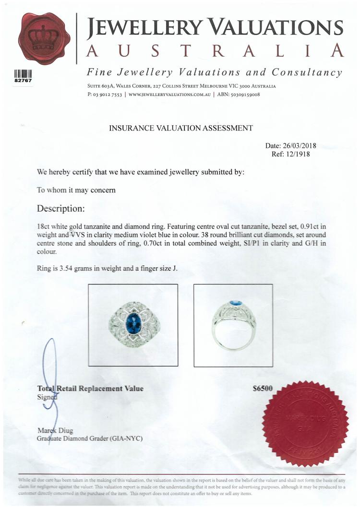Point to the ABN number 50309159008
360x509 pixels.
pos(244,95)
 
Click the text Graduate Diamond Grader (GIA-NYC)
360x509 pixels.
pos(90,438)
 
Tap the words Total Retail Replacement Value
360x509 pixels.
pos(90,389)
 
